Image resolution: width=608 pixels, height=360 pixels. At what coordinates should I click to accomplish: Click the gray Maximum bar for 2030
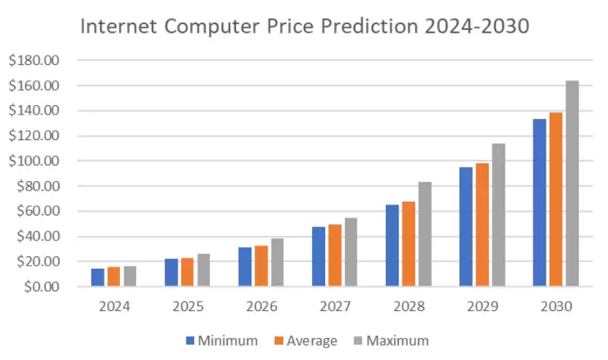571,183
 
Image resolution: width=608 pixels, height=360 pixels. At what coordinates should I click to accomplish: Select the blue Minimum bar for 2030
539,202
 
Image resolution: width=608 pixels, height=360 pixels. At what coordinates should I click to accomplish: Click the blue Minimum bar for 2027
319,256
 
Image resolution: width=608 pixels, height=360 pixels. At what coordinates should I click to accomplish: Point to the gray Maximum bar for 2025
203,269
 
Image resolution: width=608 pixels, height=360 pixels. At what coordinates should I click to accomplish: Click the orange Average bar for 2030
555,199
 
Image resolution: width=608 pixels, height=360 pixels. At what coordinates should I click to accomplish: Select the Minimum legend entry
222,340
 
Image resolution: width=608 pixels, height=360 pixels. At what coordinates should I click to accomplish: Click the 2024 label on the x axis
114,307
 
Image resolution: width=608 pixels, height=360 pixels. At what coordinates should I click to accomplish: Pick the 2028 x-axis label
408,307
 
